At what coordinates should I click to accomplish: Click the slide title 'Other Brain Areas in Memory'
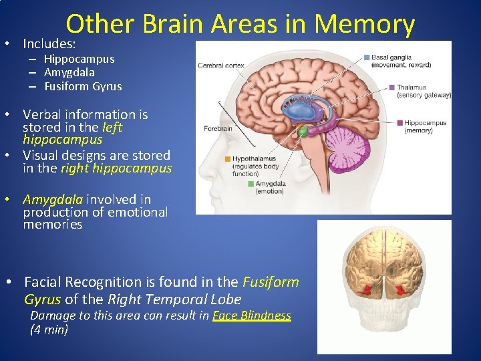240,24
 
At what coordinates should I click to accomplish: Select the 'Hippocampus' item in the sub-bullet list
79,59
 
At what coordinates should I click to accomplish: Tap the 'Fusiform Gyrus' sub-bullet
83,86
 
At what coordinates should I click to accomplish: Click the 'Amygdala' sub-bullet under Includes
69,72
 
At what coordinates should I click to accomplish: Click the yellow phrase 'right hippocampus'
116,168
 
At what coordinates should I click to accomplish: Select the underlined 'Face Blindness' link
252,316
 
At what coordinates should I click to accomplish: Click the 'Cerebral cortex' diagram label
221,66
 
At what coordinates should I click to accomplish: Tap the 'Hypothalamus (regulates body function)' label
256,166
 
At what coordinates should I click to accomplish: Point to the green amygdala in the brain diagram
303,132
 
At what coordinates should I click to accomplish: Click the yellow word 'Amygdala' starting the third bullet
53,199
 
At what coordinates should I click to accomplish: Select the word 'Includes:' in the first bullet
49,43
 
